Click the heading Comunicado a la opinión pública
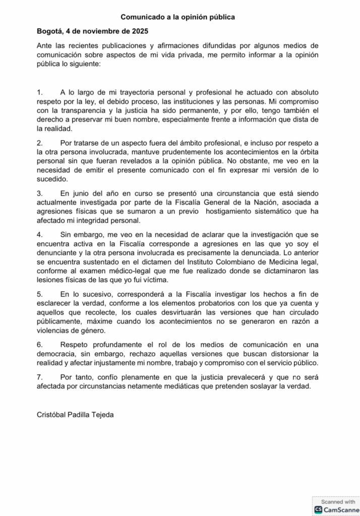(x=177, y=17)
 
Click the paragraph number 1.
(x=40, y=93)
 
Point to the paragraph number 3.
(x=40, y=193)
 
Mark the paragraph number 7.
(x=40, y=377)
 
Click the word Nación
(x=280, y=203)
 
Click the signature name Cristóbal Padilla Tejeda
(x=76, y=415)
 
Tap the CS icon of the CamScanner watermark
(x=318, y=509)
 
